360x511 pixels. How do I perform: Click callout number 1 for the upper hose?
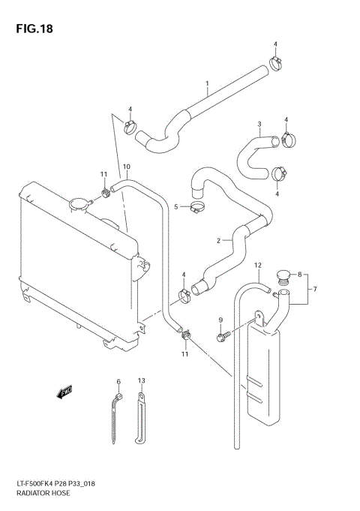[x=206, y=83]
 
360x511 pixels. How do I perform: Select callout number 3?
[x=259, y=125]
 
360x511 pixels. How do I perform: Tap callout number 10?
[x=126, y=166]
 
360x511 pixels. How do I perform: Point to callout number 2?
[x=218, y=242]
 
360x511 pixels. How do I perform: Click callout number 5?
[x=176, y=206]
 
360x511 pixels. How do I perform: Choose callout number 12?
[x=257, y=266]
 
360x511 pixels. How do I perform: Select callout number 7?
[x=315, y=290]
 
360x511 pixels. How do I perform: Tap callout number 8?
[x=300, y=275]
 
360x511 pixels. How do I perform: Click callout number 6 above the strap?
[x=118, y=382]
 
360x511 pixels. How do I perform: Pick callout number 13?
[x=141, y=382]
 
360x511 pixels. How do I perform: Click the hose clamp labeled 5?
[x=199, y=206]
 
